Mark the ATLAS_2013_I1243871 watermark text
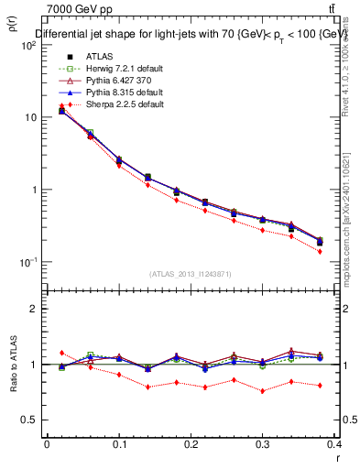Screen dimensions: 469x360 pos(191,274)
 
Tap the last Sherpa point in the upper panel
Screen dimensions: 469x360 pos(320,251)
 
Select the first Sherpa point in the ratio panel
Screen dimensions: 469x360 pos(61,353)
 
